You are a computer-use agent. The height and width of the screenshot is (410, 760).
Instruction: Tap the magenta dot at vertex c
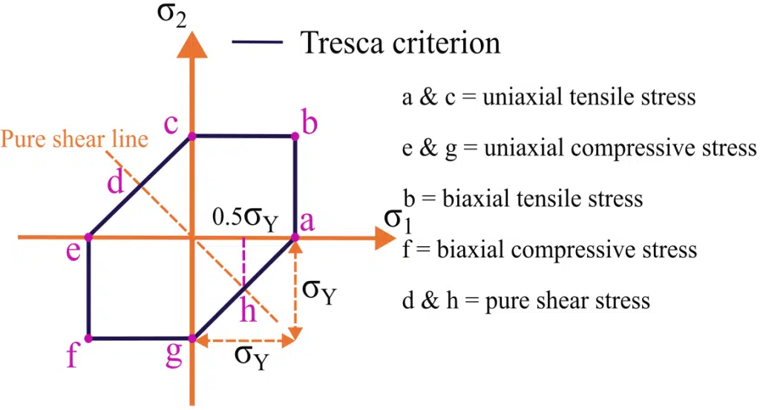pyautogui.click(x=192, y=136)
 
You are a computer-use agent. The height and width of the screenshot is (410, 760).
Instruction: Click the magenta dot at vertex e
pyautogui.click(x=88, y=237)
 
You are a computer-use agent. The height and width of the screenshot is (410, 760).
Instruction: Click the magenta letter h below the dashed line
pyautogui.click(x=248, y=311)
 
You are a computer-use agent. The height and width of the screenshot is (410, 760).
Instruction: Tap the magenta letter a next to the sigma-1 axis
pyautogui.click(x=306, y=221)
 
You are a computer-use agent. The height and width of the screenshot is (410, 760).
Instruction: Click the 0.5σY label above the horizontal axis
pyautogui.click(x=244, y=219)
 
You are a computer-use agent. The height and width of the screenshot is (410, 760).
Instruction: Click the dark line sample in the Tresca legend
pyautogui.click(x=257, y=43)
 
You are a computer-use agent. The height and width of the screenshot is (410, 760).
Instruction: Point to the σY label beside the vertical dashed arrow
pyautogui.click(x=318, y=291)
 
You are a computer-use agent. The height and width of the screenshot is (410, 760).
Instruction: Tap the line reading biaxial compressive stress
pyautogui.click(x=549, y=249)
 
